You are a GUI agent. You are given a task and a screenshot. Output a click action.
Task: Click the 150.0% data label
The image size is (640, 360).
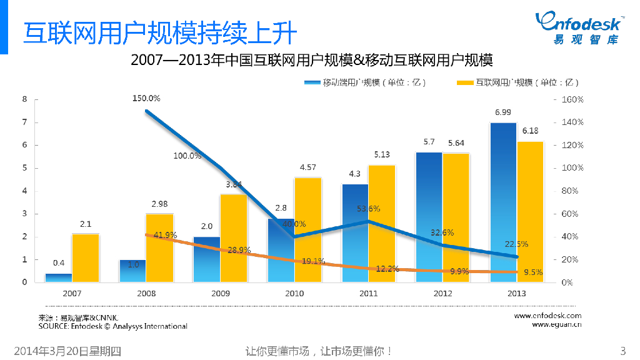pyautogui.click(x=146, y=98)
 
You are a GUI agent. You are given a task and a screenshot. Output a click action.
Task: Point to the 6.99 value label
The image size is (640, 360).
pyautogui.click(x=502, y=112)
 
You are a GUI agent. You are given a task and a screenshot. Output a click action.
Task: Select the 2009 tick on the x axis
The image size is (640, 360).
pyautogui.click(x=220, y=293)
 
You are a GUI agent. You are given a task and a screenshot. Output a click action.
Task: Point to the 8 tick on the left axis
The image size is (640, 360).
pyautogui.click(x=24, y=99)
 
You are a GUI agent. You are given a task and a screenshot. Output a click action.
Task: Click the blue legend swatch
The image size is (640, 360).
pyautogui.click(x=312, y=82)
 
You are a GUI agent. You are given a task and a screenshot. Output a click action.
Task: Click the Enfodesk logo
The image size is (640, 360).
pyautogui.click(x=578, y=27)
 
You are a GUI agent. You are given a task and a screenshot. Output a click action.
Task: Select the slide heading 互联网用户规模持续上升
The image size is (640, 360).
pyautogui.click(x=159, y=33)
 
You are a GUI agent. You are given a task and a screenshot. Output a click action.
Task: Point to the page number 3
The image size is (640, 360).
pyautogui.click(x=621, y=351)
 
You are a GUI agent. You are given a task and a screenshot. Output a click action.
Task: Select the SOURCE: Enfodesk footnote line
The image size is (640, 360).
pyautogui.click(x=112, y=326)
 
